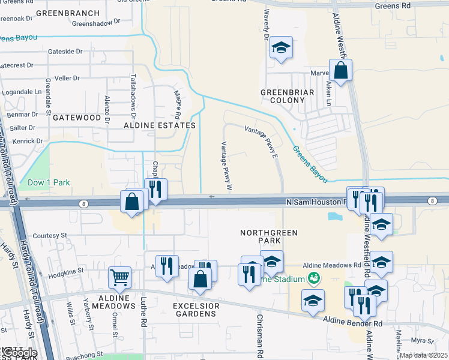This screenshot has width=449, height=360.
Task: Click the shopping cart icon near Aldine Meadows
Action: coord(119,277)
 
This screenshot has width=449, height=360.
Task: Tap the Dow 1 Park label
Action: coord(49,182)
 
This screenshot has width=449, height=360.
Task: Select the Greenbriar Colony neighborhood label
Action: coord(283,96)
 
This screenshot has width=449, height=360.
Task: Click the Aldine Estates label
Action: coord(160,125)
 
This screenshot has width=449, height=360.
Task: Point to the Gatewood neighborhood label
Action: coord(76,118)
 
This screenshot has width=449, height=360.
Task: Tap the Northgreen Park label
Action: coord(261,236)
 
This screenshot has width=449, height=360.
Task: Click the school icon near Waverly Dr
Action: coord(280,47)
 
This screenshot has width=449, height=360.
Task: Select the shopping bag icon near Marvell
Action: coord(340,70)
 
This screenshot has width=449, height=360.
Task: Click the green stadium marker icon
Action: coord(312,278)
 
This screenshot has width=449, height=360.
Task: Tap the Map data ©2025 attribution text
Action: coord(423,355)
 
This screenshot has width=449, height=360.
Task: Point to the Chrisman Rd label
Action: coord(260,336)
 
